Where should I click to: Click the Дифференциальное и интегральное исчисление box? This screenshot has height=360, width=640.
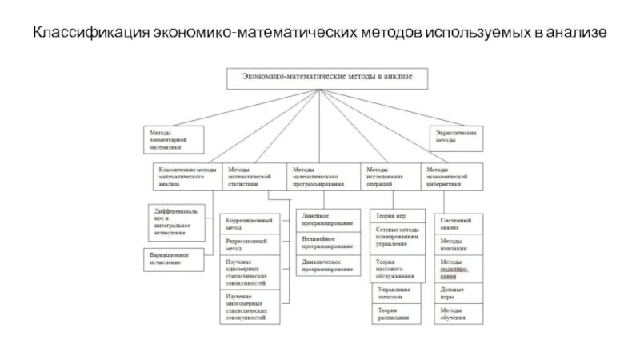pyautogui.click(x=180, y=223)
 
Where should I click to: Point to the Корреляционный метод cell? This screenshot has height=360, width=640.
pyautogui.click(x=250, y=223)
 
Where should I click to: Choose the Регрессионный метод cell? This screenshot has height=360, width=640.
pyautogui.click(x=250, y=244)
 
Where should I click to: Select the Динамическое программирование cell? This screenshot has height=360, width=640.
pyautogui.click(x=326, y=266)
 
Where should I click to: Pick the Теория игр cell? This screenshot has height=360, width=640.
pyautogui.click(x=396, y=217)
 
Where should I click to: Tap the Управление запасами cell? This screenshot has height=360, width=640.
pyautogui.click(x=396, y=292)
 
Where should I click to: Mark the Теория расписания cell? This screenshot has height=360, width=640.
pyautogui.click(x=396, y=314)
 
